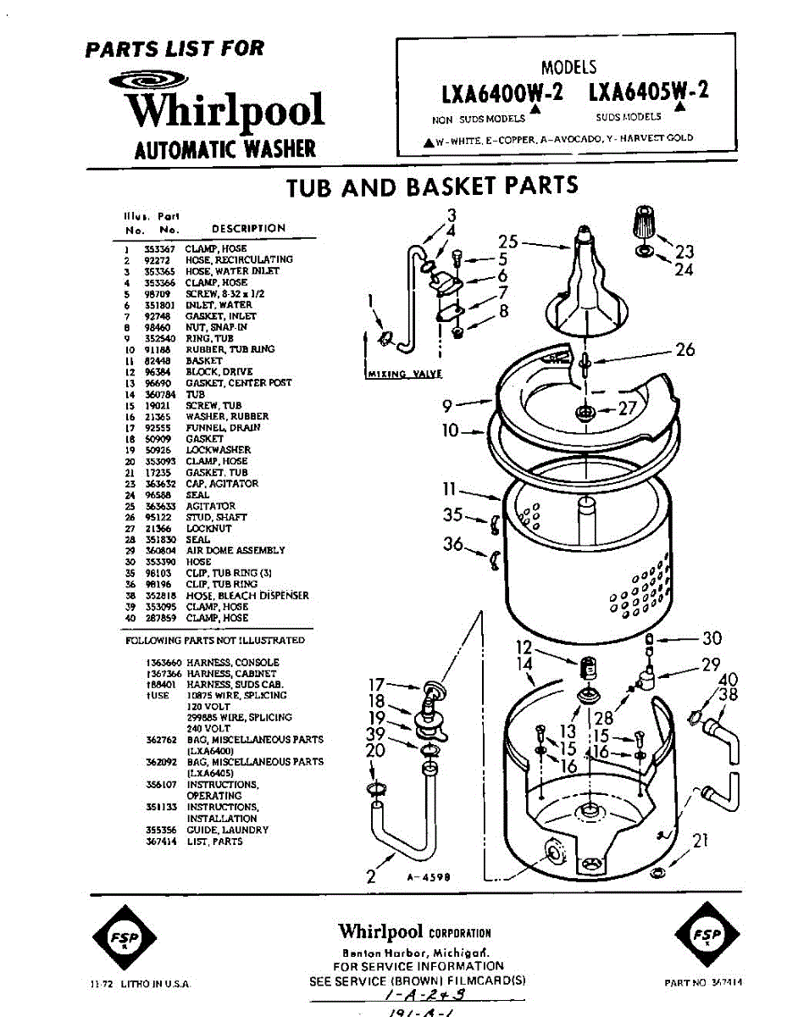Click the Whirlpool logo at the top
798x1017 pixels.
(224, 108)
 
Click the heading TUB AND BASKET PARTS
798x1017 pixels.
(432, 186)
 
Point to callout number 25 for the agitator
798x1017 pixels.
(507, 241)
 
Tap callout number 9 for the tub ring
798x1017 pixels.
(449, 405)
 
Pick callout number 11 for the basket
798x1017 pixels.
(449, 489)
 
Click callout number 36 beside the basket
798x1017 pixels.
(453, 543)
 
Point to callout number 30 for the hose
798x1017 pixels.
(712, 638)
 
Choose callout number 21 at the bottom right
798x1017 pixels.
(700, 841)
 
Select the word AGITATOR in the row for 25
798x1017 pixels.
(211, 506)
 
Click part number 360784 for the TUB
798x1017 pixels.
(160, 394)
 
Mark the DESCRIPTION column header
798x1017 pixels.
(248, 228)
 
